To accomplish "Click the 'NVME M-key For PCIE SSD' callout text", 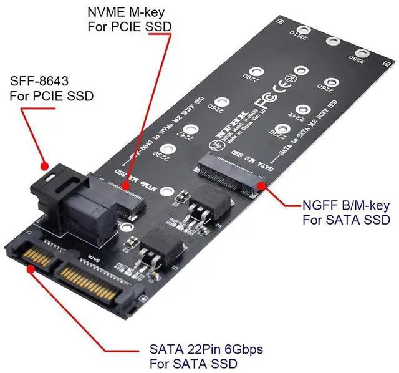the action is coord(127,19).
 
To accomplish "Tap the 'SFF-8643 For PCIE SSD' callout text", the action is coord(47,89).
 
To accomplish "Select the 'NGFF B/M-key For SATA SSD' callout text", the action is coord(345,212).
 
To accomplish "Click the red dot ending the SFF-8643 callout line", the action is coord(45,167).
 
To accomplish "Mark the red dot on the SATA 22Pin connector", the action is coord(31,269).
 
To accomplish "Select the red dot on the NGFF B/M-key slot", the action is coord(261,183).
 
